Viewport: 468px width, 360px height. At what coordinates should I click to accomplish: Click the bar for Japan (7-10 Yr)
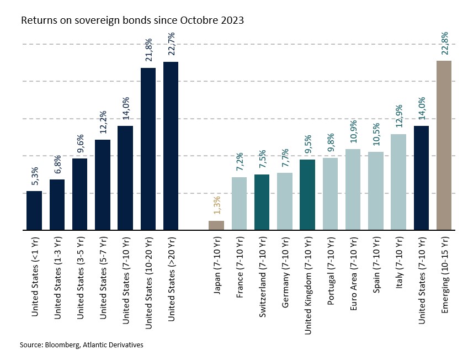pos(216,225)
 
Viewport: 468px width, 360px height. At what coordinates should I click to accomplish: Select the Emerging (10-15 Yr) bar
pos(444,145)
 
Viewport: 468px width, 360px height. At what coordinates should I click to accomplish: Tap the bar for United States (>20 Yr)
pos(171,146)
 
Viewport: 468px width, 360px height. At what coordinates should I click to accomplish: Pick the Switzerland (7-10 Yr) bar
pos(262,202)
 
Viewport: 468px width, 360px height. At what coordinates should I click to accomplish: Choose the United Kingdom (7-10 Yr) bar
pos(307,194)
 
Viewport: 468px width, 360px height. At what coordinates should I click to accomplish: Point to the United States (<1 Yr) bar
pos(34,210)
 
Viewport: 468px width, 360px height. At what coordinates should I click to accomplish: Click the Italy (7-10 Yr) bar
pos(398,182)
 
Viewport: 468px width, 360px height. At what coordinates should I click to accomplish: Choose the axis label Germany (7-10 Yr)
pos(285,272)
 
